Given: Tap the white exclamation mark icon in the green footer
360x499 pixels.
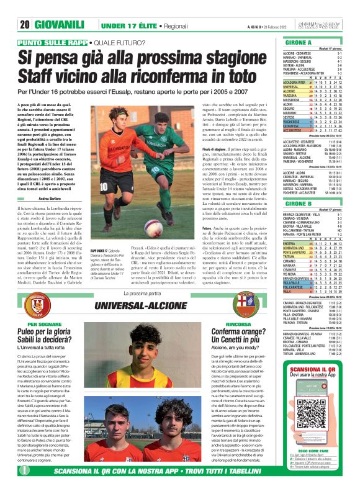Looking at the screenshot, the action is [x=25, y=488].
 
